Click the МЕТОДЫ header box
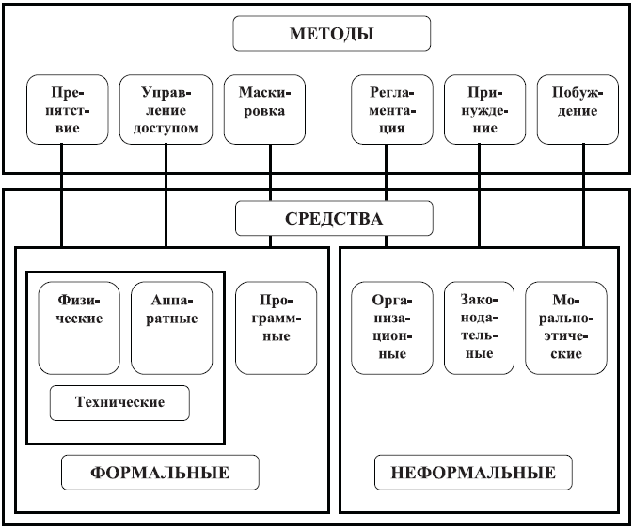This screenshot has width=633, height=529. point(332,34)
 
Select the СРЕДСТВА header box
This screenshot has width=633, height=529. point(334,218)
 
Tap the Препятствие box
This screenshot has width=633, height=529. point(68,109)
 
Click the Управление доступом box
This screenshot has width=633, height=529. point(166,109)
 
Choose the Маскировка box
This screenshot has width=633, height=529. point(264,109)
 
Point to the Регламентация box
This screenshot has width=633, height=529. point(392,109)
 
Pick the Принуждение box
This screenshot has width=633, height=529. point(484,109)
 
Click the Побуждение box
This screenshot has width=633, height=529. point(578,109)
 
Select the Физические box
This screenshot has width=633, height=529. point(79,328)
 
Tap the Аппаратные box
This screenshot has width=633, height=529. point(171,328)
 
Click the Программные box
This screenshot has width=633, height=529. point(277,328)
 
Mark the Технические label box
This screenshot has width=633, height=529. point(119,403)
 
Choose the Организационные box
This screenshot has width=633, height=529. point(392,328)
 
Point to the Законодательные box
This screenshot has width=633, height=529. point(479,328)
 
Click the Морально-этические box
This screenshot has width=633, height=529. point(566,328)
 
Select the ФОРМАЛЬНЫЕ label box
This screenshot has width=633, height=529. point(160,473)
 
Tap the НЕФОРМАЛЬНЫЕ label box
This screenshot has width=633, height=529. point(473,473)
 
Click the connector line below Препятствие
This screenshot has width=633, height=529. point(62,195)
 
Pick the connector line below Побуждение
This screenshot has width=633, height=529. point(584,195)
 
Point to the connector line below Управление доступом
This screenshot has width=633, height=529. point(166,195)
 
